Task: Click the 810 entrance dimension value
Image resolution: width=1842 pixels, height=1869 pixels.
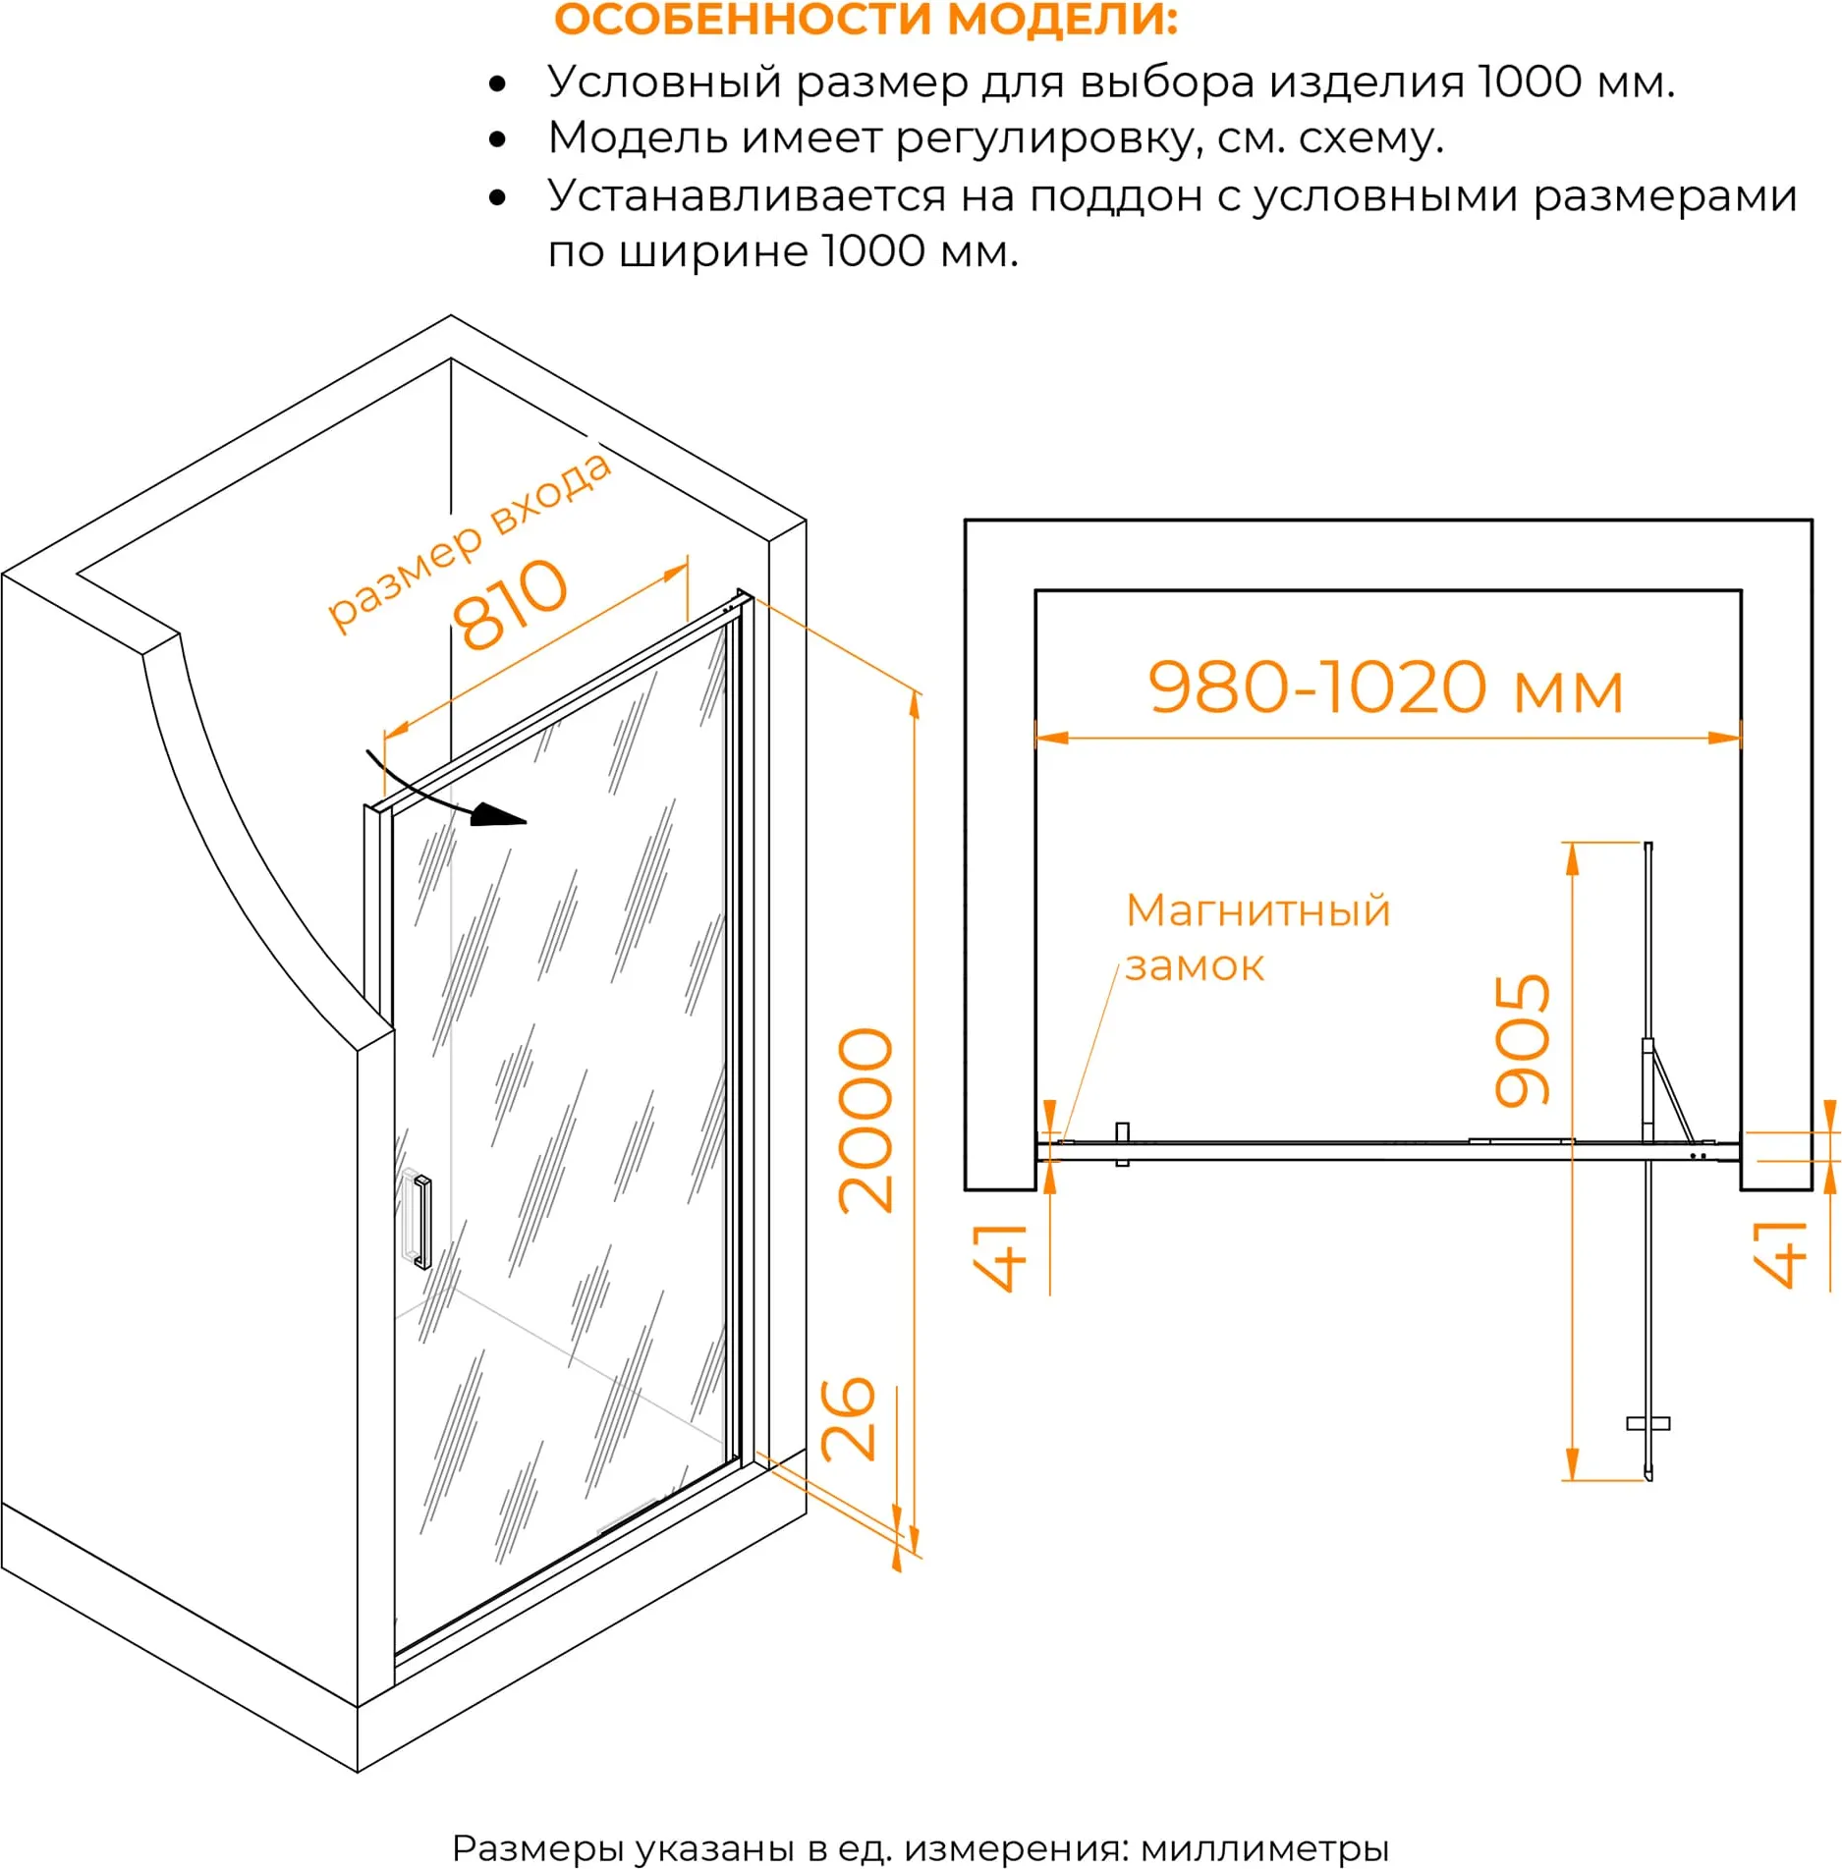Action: coord(510,603)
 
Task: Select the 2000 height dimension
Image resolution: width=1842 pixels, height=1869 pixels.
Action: coord(865,1120)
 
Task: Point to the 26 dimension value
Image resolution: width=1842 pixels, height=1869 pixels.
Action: coord(848,1418)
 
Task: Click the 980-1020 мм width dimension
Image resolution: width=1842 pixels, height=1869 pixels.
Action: coord(1386,687)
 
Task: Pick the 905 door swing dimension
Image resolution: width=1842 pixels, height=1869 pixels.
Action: coord(1522,1040)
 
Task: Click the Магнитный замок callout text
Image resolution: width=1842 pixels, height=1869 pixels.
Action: coord(1257,938)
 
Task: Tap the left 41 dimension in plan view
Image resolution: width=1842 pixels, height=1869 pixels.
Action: coord(1000,1256)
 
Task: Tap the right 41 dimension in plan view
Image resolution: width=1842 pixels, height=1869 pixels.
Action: coord(1780,1254)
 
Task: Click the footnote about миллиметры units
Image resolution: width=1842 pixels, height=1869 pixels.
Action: coord(920,1847)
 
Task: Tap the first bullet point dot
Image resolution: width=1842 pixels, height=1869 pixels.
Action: coord(498,83)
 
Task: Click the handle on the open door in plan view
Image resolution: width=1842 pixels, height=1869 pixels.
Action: coord(1648,1424)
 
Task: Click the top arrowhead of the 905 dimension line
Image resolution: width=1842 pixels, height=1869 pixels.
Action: coord(1572,859)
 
